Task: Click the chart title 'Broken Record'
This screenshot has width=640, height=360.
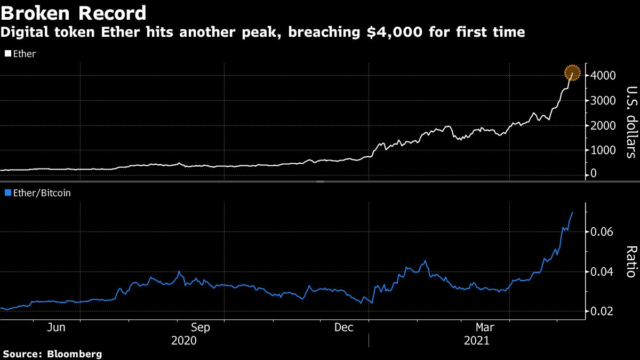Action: [x=74, y=12]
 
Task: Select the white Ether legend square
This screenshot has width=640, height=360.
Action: [x=7, y=54]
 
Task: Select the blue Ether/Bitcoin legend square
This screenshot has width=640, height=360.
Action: [x=7, y=193]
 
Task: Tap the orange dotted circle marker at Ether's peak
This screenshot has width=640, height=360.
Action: [x=573, y=72]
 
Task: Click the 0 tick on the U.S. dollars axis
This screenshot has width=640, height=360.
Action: [x=594, y=174]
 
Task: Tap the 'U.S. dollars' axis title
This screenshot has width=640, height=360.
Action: [x=631, y=122]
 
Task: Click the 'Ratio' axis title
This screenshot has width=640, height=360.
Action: [x=631, y=261]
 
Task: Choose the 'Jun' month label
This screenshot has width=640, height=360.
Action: [x=56, y=327]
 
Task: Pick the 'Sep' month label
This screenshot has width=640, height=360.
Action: [x=201, y=327]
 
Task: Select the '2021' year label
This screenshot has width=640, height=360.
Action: [x=477, y=340]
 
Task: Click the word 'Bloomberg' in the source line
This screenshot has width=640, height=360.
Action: [x=74, y=354]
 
